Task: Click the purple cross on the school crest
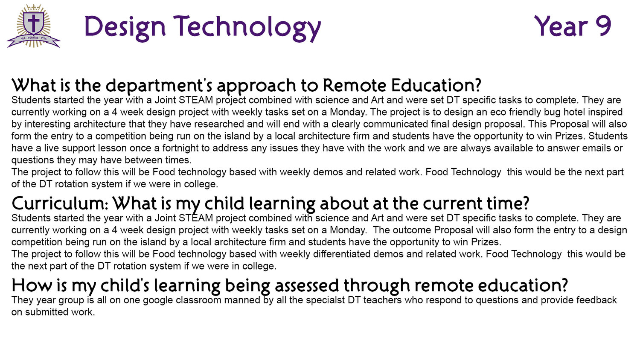pos(34,23)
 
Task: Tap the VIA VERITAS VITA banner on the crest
pos(34,40)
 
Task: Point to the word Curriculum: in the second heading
pos(60,203)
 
